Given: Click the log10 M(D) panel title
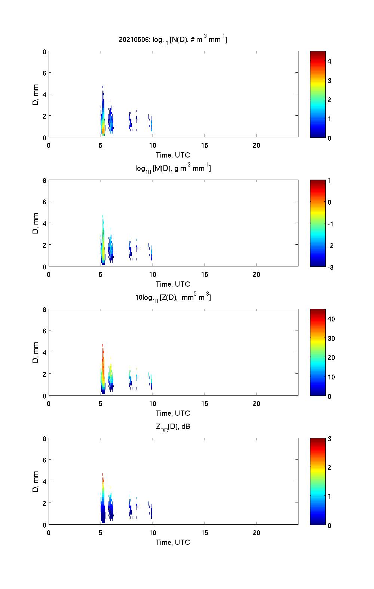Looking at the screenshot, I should (173, 168).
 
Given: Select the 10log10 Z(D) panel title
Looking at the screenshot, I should (173, 297).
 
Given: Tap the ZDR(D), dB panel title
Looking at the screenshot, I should (173, 427).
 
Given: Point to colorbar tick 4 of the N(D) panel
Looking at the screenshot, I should (329, 61).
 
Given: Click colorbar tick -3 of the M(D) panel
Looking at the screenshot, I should (331, 267).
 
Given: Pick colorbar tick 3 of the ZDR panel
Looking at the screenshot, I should (329, 439).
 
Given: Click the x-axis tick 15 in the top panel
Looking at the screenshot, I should (205, 146).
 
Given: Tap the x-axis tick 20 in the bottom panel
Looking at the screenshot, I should (257, 533).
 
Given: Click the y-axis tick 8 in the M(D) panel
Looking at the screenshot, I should (45, 181).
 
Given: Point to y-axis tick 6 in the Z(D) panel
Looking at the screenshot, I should (45, 331).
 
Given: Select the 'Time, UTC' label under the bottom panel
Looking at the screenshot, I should (173, 542).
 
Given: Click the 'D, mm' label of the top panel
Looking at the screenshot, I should (36, 94).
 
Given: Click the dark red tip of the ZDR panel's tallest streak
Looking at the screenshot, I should (103, 475).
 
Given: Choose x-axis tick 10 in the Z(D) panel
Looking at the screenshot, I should (153, 404).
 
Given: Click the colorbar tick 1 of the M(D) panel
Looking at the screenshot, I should (329, 181).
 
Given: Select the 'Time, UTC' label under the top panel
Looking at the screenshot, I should (173, 155).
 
